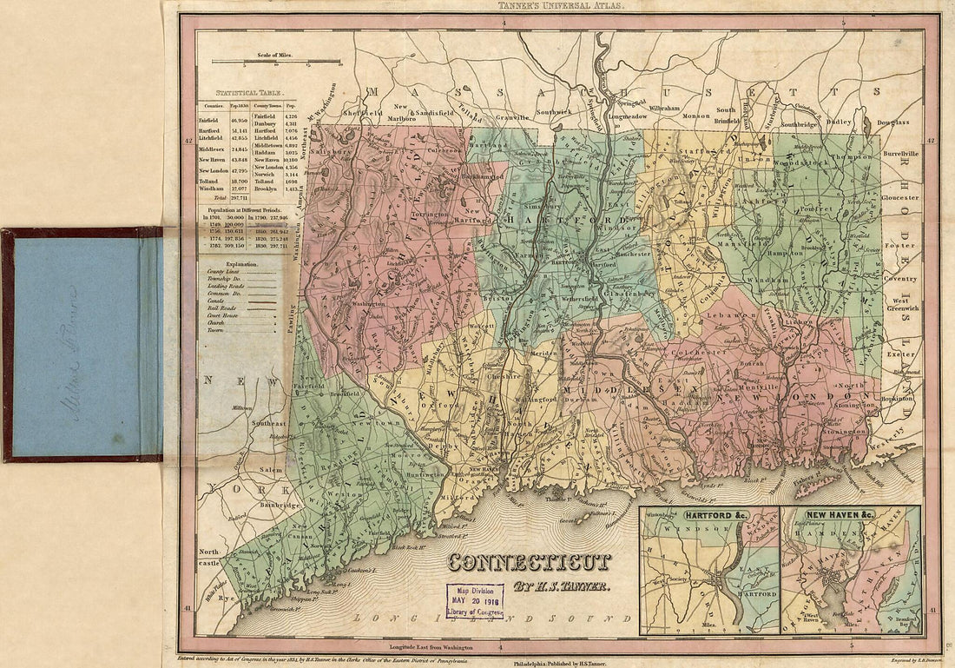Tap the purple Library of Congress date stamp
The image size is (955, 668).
pyautogui.click(x=475, y=601)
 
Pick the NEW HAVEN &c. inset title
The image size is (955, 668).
pyautogui.click(x=840, y=515)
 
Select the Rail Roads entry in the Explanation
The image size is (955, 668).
pyautogui.click(x=220, y=319)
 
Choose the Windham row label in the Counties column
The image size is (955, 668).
pyautogui.click(x=211, y=188)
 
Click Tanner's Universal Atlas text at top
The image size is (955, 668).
pyautogui.click(x=546, y=5)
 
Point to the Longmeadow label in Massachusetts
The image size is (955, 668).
pyautogui.click(x=629, y=116)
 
